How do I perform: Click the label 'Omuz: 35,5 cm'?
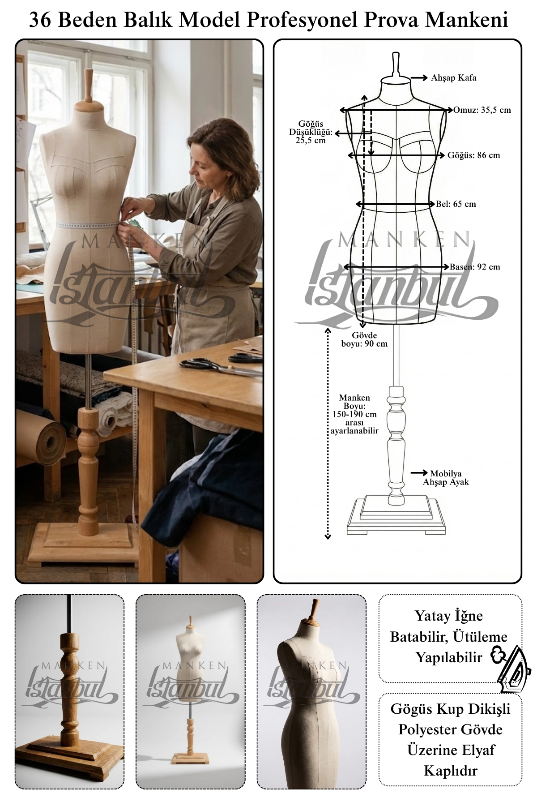point(482,110)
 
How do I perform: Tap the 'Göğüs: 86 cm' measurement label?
point(474,155)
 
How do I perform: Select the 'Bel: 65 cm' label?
point(456,204)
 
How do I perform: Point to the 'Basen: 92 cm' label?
point(475,267)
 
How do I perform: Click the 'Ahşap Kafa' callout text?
point(454,78)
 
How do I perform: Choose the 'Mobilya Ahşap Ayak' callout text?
point(446,478)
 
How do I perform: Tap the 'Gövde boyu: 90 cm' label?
point(364,339)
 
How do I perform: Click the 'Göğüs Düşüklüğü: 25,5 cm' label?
point(311,132)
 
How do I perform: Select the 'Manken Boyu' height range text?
point(354,414)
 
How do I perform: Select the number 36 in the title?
point(41,20)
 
